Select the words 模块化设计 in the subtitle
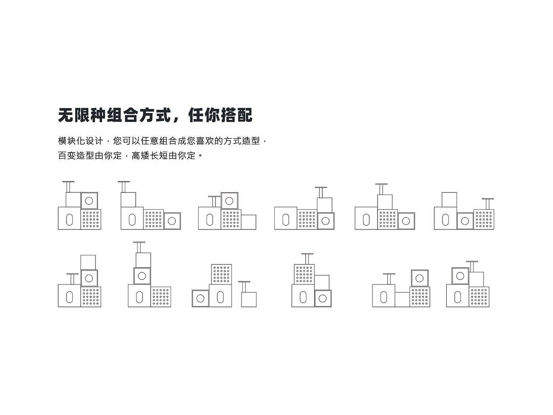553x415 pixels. point(81,141)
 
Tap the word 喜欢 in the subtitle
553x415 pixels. point(205,141)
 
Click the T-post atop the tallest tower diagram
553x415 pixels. point(139,247)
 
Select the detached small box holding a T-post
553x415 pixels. point(248,299)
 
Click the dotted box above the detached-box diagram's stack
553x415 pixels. point(222,274)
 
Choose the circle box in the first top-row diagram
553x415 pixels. point(89,201)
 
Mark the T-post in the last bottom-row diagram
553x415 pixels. point(472,266)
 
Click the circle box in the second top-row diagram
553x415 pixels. point(172,221)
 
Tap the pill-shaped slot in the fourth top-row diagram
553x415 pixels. point(286,220)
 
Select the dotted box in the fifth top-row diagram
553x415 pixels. point(388,219)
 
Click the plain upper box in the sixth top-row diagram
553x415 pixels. point(449,200)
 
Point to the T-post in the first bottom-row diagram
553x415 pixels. point(73,278)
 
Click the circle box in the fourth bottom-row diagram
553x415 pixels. point(323,298)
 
